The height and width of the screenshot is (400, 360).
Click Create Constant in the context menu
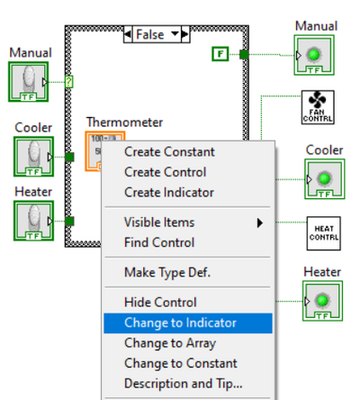tap(169, 152)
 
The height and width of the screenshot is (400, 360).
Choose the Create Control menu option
tap(166, 172)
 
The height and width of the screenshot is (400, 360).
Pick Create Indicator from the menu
tap(169, 193)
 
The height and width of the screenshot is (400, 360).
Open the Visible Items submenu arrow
tap(260, 223)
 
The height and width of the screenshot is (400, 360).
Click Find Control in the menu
tap(159, 242)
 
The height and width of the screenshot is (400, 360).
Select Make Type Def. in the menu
tap(167, 273)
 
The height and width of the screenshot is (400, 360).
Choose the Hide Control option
tap(160, 303)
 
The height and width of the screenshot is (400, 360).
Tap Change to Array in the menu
tap(170, 343)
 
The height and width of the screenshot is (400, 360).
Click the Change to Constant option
tap(181, 363)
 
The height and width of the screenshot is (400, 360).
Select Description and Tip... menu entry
tap(184, 384)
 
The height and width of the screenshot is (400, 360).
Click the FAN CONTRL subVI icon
tap(318, 107)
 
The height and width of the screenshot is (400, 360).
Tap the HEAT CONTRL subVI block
tap(324, 233)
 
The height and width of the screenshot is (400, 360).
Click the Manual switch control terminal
tap(28, 82)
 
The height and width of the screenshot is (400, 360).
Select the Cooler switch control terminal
tap(33, 157)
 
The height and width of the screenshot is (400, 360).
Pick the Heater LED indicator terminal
tap(322, 301)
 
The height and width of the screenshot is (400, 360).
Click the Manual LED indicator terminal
tap(314, 55)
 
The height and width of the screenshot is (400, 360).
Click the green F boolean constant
tap(220, 54)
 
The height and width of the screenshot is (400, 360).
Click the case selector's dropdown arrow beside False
tap(175, 34)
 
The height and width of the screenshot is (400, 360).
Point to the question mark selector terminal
tap(69, 82)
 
